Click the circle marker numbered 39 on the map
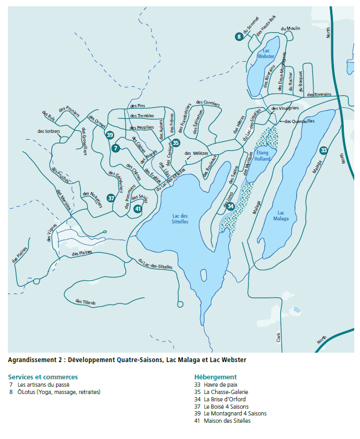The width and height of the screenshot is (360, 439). click(x=110, y=135)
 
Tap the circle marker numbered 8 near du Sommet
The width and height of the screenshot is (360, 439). click(x=239, y=37)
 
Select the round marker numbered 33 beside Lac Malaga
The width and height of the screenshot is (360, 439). click(x=324, y=150)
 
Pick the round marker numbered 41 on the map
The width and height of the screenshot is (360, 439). click(x=138, y=209)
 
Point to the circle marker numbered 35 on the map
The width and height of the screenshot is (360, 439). click(x=176, y=142)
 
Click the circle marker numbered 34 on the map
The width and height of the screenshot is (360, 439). click(x=231, y=206)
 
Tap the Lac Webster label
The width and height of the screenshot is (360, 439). click(x=266, y=53)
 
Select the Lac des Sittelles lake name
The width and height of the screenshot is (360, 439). click(x=179, y=219)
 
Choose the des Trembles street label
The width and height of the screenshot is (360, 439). click(x=142, y=116)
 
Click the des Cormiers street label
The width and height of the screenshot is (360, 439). click(x=208, y=103)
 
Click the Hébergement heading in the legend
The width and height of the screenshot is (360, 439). click(x=215, y=377)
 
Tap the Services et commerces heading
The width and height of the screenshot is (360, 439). click(x=43, y=377)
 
